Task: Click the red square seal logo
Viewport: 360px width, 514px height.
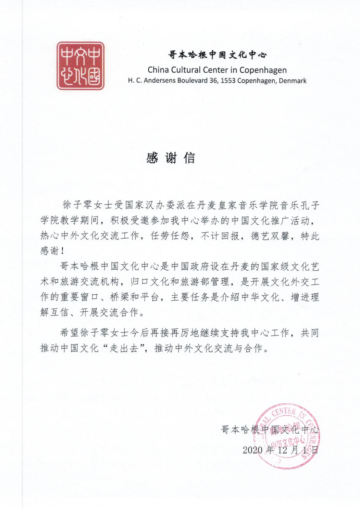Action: (x=80, y=66)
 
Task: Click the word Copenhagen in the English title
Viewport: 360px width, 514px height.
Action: (x=263, y=70)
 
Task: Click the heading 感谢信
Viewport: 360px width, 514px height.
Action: (x=171, y=158)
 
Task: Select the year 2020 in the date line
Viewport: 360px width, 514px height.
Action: (x=252, y=449)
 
